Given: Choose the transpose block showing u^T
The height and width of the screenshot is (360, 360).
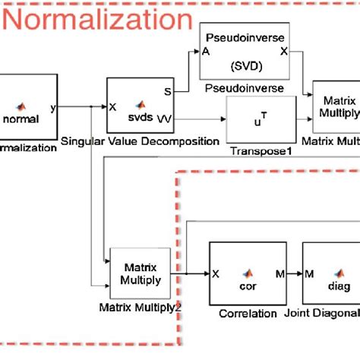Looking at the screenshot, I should point(261,120).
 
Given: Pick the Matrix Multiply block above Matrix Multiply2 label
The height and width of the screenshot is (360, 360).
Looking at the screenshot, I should point(140,273).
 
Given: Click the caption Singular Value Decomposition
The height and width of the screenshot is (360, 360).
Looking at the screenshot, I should point(140,141).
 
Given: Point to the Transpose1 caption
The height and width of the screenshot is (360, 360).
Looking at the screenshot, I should point(261,150).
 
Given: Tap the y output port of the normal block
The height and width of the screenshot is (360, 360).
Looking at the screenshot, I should point(52,107).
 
